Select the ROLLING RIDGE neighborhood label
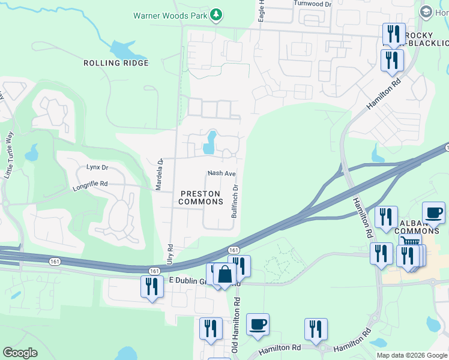pos(116,63)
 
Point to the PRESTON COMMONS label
pos(201,197)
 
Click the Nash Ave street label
pos(221,173)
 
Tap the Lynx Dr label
pos(97,167)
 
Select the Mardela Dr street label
pos(160,175)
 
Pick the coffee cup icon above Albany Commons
pos(433,212)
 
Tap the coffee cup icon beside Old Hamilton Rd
pos(258,324)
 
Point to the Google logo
pos(20,353)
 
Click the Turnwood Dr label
pos(312,4)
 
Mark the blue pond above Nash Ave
pos(209,142)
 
